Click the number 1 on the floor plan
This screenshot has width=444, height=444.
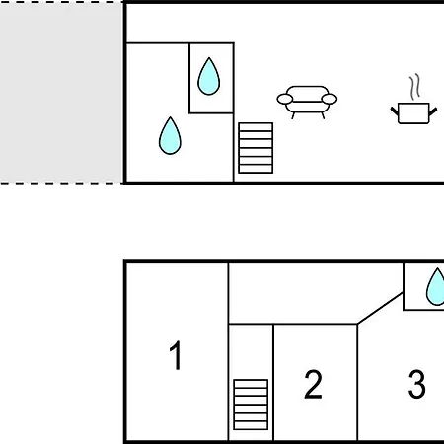click(176, 355)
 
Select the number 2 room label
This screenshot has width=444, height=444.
click(313, 384)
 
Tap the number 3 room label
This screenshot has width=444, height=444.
click(416, 384)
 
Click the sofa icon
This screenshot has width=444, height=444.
click(307, 102)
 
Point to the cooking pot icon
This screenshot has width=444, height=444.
click(413, 113)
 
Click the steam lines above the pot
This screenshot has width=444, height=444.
click(415, 86)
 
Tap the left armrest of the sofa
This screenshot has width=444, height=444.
click(285, 99)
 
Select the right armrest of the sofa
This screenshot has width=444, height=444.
click(330, 99)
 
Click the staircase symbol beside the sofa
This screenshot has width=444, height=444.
click(256, 148)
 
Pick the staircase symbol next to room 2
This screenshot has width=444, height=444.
click(251, 405)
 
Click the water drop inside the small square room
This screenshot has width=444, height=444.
click(209, 76)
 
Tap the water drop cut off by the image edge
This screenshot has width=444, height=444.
click(436, 287)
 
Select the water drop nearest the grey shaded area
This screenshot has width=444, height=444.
click(170, 135)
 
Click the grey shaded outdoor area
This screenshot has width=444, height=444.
click(61, 93)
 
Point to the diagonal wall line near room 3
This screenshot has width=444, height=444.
click(380, 308)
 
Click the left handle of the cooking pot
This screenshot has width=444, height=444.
click(395, 111)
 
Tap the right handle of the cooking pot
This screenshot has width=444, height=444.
click(433, 111)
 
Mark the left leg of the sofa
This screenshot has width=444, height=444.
click(293, 115)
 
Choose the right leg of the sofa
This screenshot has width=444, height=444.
click(323, 115)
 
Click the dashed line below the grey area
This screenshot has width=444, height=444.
click(61, 183)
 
